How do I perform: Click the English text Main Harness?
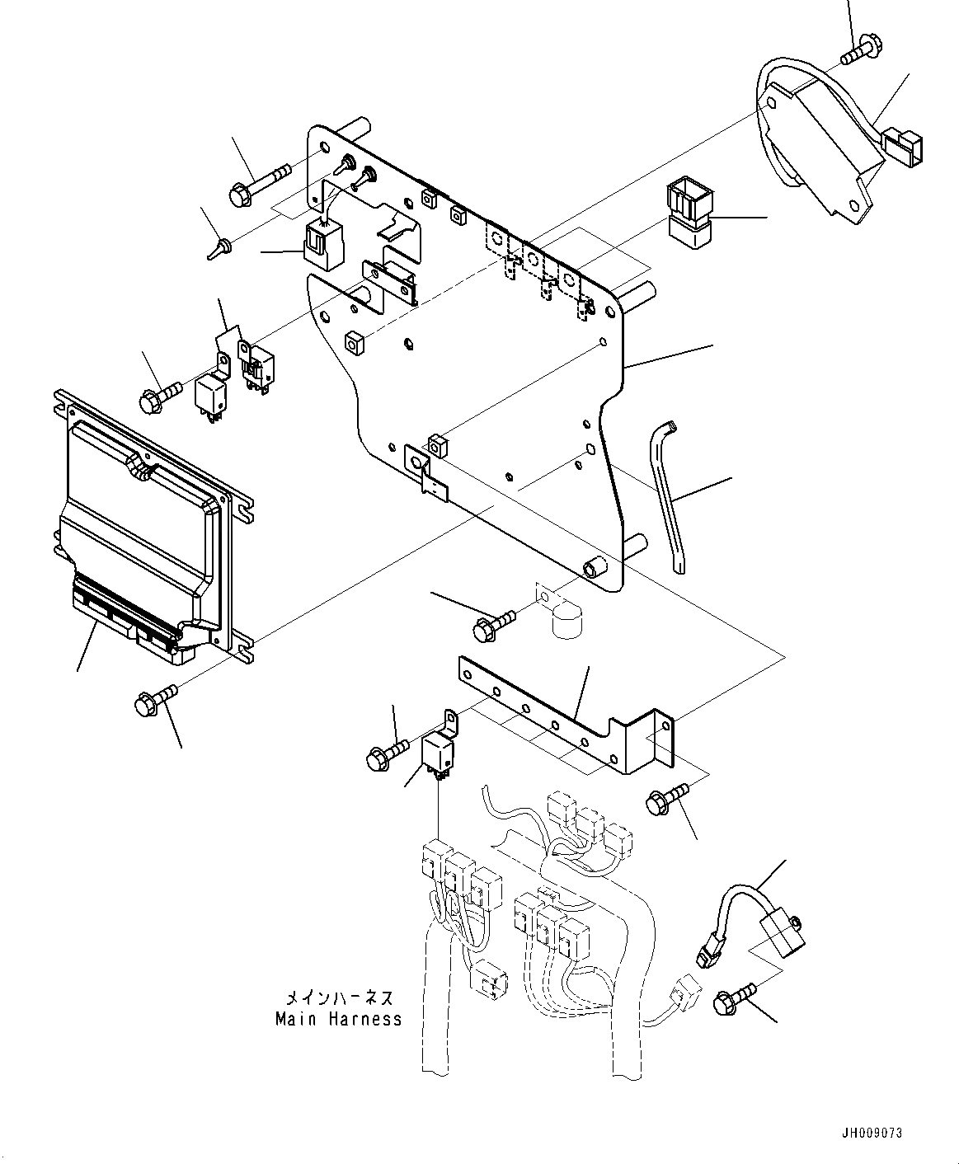coord(338,1020)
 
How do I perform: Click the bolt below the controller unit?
coord(156,699)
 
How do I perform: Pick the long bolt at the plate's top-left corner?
coord(259,185)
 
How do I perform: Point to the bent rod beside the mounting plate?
coord(667,497)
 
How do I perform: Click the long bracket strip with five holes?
coord(566,714)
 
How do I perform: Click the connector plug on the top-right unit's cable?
coord(903,148)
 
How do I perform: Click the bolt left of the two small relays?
coord(160,397)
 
